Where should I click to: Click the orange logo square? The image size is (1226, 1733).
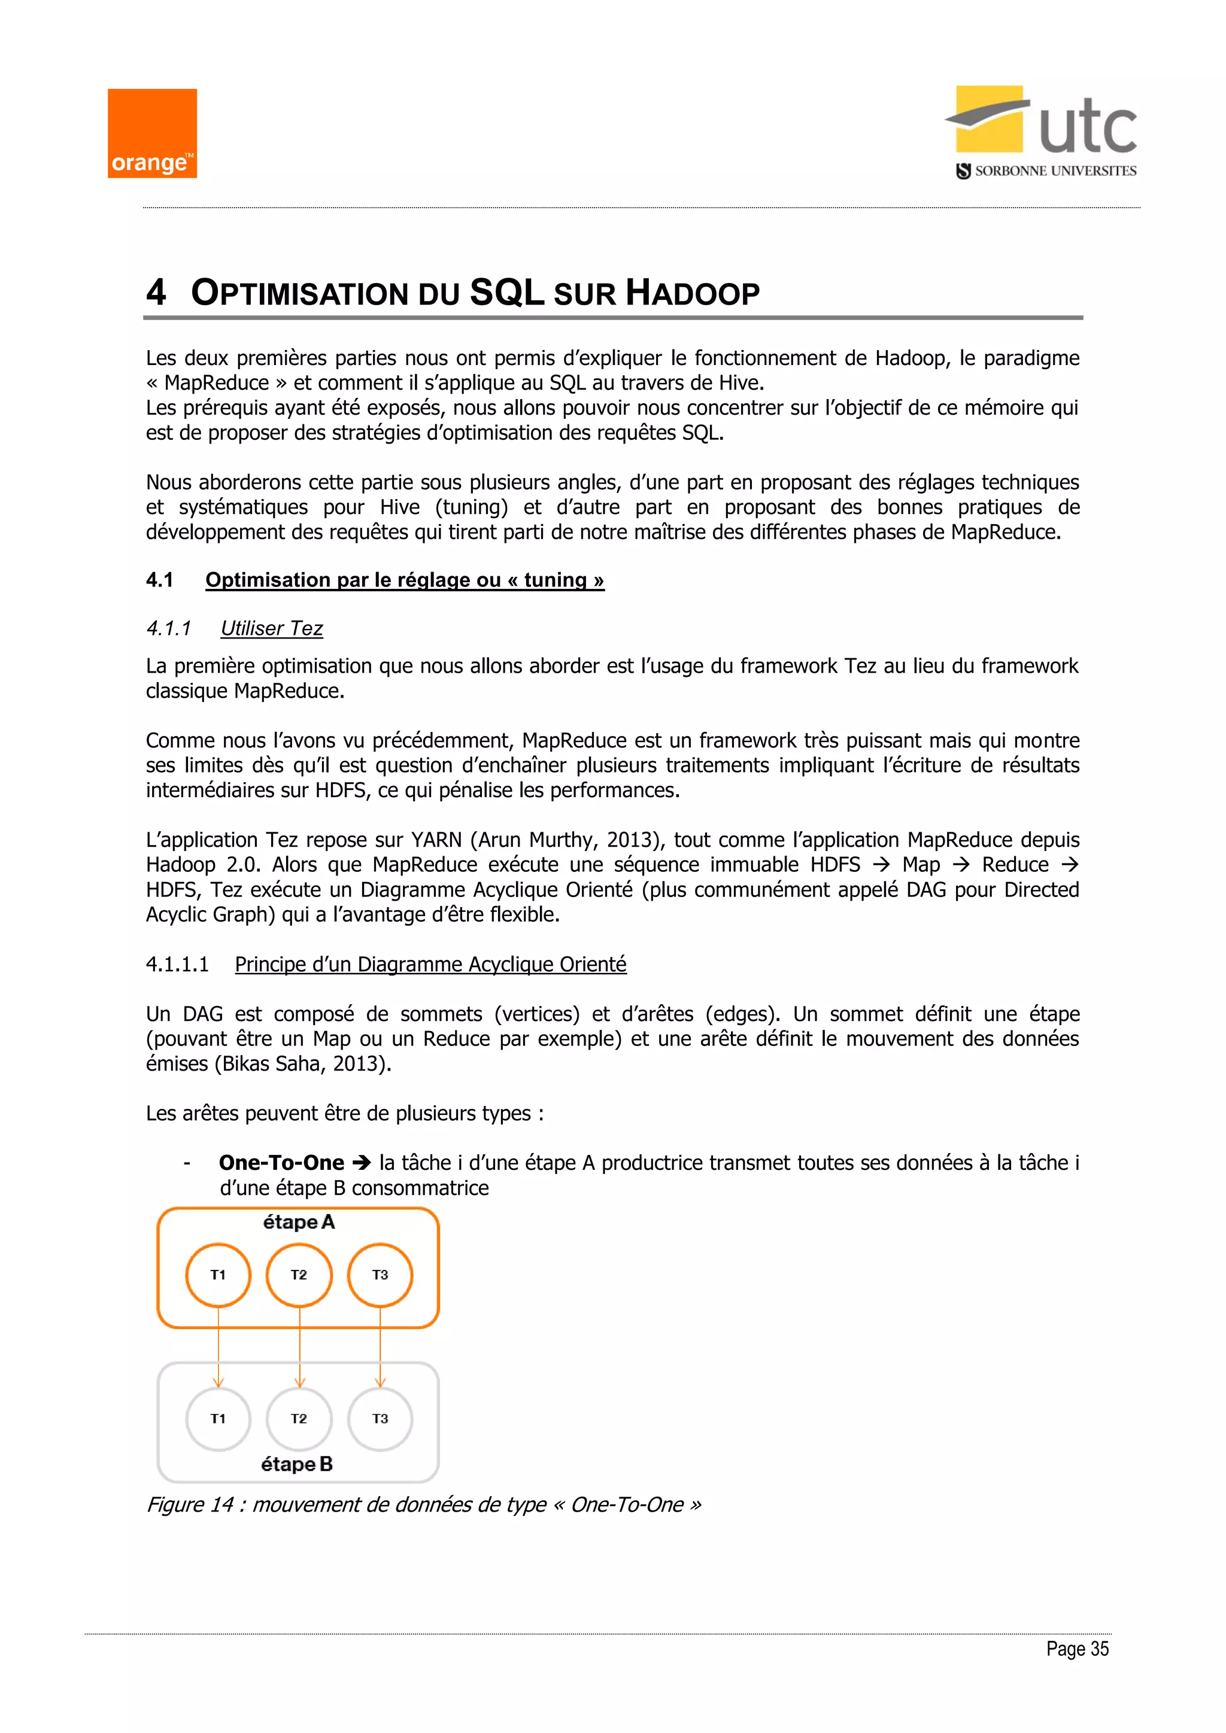(x=151, y=133)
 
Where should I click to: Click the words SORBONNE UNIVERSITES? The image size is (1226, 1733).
(x=1055, y=171)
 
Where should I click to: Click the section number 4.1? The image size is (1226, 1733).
(x=159, y=580)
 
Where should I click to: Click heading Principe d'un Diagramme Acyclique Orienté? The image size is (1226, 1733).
(x=430, y=964)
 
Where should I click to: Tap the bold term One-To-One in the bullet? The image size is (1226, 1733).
(x=281, y=1162)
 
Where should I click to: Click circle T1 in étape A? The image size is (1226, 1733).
(x=218, y=1275)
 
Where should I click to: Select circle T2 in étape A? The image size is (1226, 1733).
(x=299, y=1275)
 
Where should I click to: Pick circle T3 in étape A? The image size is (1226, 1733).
(x=380, y=1275)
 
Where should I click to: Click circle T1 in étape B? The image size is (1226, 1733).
(x=218, y=1419)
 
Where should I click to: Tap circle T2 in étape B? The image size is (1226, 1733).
(x=299, y=1419)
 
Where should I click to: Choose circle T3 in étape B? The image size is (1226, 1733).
(x=380, y=1419)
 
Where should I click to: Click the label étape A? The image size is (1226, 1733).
(x=298, y=1222)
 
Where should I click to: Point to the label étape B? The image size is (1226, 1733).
(x=297, y=1464)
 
